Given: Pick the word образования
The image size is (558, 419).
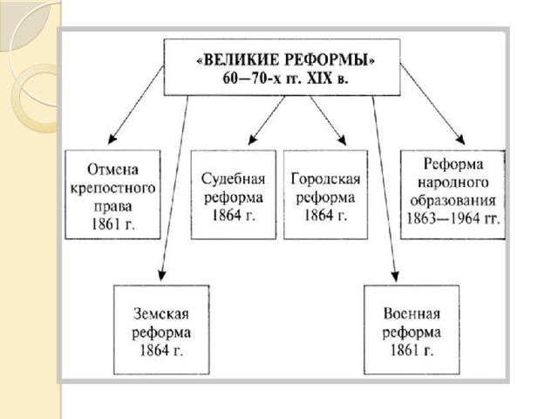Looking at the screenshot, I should click(451, 199).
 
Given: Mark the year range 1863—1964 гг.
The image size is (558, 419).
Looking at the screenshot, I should click(451, 218).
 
